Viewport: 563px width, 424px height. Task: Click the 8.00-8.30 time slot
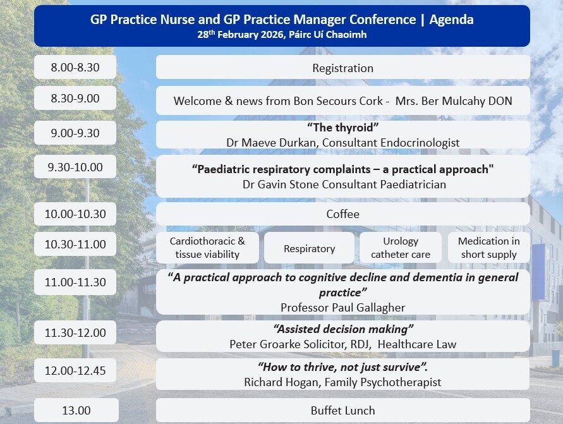(75, 68)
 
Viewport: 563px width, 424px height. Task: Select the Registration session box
(342, 68)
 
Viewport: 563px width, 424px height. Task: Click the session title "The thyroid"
(342, 128)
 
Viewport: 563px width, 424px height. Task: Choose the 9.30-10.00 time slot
(75, 167)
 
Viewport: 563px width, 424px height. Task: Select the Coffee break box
(342, 214)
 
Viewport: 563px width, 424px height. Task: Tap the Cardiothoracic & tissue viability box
(207, 248)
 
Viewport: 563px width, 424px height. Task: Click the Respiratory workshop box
(309, 248)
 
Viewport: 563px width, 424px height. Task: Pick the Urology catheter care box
(401, 248)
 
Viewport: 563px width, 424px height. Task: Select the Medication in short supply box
(488, 248)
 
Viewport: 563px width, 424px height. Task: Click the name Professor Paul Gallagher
(342, 307)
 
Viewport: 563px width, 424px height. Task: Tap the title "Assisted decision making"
(342, 329)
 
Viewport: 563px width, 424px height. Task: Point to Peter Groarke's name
(260, 344)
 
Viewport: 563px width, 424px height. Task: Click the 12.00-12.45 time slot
(75, 371)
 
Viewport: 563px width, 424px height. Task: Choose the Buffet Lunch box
(342, 411)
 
